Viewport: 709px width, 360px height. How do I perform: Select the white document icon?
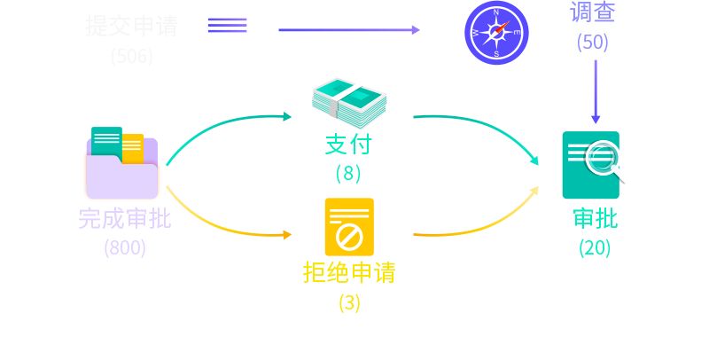point(228,36)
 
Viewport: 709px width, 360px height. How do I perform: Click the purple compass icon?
point(496,33)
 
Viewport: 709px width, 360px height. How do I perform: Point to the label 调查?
point(593,12)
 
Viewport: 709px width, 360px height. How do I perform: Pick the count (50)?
point(593,42)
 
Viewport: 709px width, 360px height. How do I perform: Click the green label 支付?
point(348,144)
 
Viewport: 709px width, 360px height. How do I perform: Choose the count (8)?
point(348,173)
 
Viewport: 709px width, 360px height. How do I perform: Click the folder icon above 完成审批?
point(122,165)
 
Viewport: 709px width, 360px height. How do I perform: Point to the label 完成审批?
point(124,218)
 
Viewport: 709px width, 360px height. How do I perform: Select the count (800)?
point(124,247)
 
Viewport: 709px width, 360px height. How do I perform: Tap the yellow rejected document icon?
point(349,228)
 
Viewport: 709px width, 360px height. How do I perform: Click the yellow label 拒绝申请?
point(349,272)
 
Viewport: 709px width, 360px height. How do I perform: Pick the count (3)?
point(349,302)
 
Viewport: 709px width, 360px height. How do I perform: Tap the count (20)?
point(595,247)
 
